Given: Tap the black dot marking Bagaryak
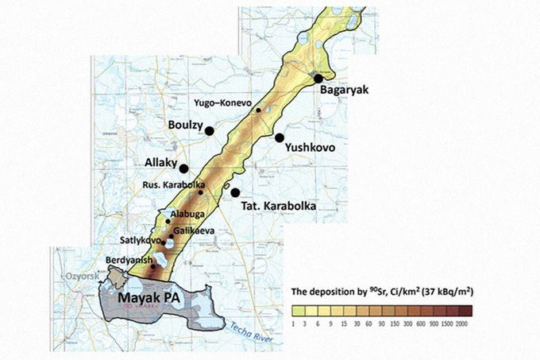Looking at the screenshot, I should [x=318, y=78].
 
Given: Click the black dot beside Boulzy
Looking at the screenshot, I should [x=210, y=130].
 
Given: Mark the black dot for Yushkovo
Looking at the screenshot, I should [x=280, y=137].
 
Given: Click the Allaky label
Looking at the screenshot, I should [x=161, y=163].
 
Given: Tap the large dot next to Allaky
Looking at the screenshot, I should [x=183, y=168].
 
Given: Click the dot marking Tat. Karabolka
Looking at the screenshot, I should [x=235, y=192].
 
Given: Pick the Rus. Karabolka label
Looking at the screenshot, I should [x=169, y=185].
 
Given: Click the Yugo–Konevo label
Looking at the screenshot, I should [x=222, y=104].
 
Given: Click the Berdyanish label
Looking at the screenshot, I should [x=127, y=260].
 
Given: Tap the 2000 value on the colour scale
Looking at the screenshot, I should [x=462, y=325].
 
